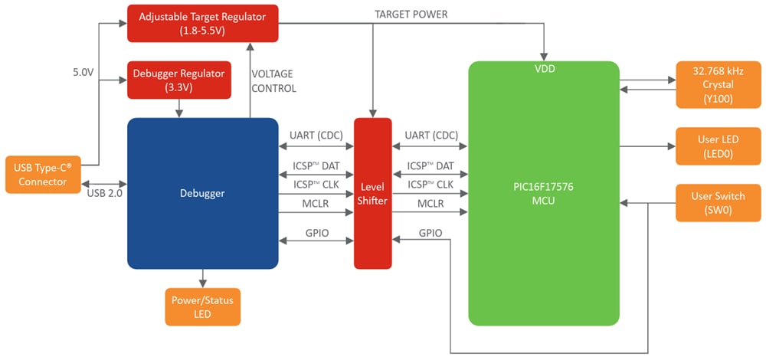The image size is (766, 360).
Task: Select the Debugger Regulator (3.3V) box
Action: point(179,80)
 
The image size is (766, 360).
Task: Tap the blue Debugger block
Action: point(202,193)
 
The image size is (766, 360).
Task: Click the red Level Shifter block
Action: point(372,193)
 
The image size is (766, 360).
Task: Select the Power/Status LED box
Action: point(202,306)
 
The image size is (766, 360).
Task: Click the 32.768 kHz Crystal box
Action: point(712,84)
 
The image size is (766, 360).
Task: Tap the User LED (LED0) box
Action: point(712,146)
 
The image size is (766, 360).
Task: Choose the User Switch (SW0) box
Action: point(712,203)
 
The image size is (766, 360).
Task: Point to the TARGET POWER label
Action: point(411,15)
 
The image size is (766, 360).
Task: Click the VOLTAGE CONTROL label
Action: point(273,81)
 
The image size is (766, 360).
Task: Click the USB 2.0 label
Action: point(105,193)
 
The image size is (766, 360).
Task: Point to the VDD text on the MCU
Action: point(544,69)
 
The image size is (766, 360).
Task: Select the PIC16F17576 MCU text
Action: point(544,193)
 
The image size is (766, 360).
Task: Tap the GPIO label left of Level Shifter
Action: point(316,232)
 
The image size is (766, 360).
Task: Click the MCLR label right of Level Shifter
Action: point(430,204)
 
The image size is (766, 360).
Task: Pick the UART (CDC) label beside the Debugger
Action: point(316,136)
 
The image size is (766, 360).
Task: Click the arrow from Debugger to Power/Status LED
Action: point(202,278)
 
